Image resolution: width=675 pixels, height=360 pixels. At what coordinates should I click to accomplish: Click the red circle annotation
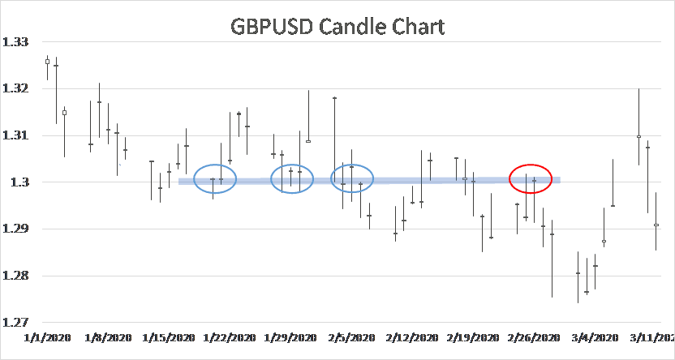click(531, 178)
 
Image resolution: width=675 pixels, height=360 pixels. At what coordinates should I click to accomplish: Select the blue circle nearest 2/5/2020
click(352, 178)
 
